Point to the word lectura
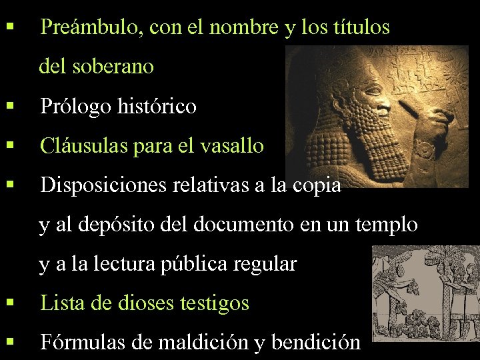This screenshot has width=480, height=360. tap(128, 264)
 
